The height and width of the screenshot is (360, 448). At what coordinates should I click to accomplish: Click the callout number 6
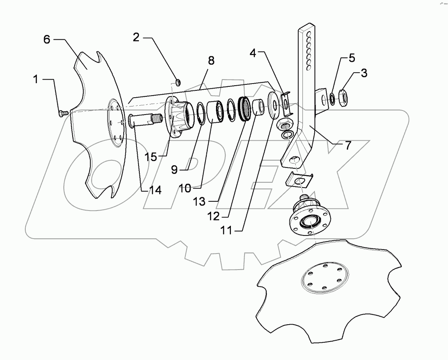[47, 40]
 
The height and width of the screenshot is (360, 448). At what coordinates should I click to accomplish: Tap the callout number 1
[35, 80]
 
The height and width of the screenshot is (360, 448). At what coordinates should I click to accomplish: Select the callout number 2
[136, 38]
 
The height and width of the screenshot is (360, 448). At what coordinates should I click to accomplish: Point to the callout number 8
[211, 61]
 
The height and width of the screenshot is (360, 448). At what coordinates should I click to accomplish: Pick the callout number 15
[151, 157]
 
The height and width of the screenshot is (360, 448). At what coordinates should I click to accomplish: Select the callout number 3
[363, 73]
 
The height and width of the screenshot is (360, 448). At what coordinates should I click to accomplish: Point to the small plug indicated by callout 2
[179, 82]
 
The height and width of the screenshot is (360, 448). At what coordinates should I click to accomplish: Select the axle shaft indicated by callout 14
[145, 120]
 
